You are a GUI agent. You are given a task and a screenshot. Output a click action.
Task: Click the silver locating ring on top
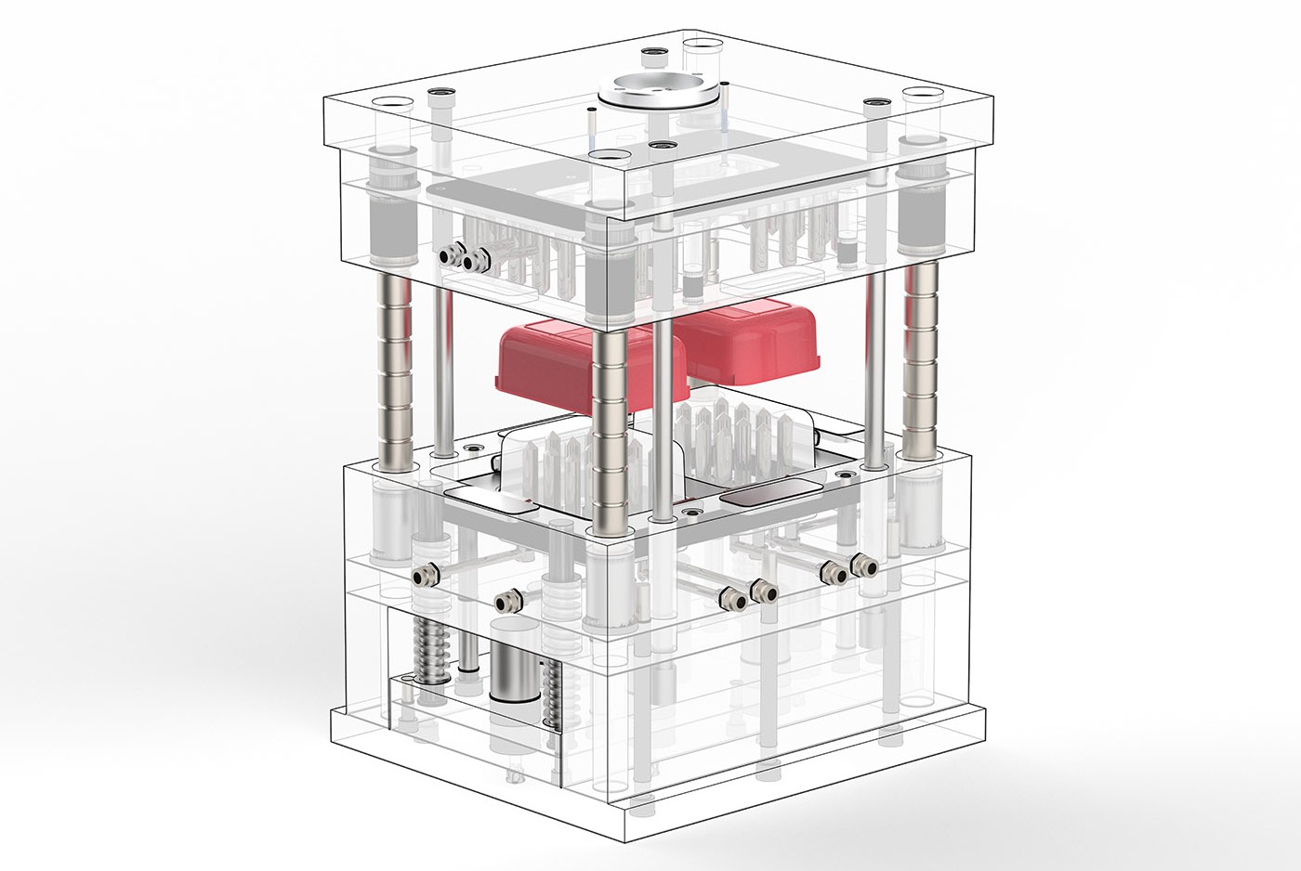tap(660, 88)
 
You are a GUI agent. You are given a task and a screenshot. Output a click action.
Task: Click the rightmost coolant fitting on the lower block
tap(865, 565)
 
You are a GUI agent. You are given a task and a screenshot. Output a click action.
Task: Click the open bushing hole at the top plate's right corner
tap(923, 94)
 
